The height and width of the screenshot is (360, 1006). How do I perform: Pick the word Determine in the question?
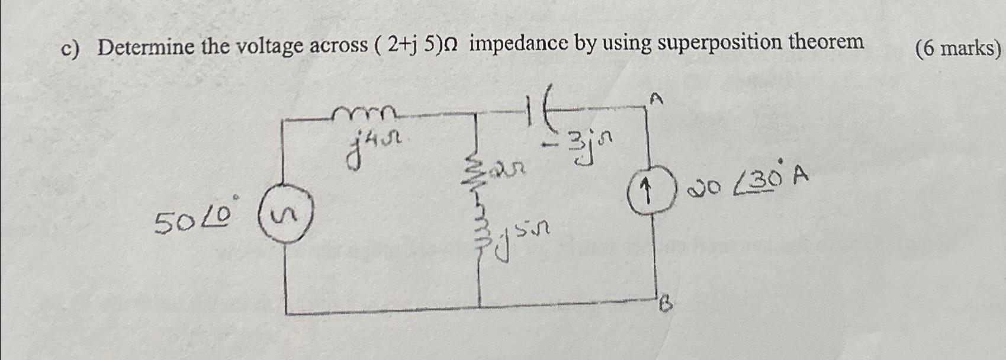pos(146,46)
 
